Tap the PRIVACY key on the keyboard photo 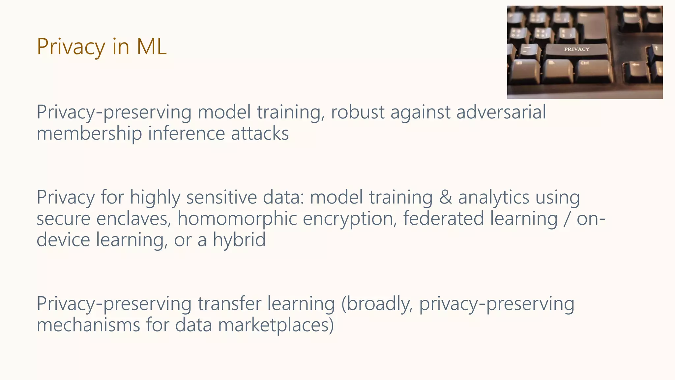pos(576,49)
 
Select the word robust pos(358,112)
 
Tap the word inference pos(186,134)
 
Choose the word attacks pos(260,134)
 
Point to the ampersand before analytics pos(445,197)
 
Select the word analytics pos(494,197)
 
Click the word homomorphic pos(237,219)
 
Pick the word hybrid pos(239,240)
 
